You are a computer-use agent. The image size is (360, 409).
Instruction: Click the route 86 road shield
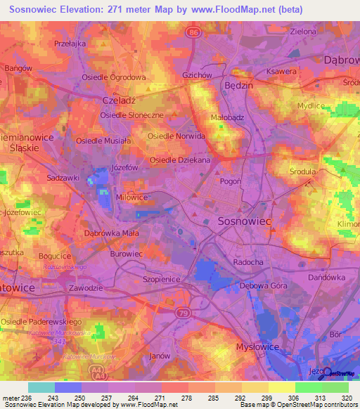[x=193, y=32]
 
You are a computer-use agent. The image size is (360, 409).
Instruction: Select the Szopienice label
[x=161, y=278]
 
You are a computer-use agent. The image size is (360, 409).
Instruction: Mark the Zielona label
[x=303, y=32]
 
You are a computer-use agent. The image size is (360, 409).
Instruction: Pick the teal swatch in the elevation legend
[x=41, y=387]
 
